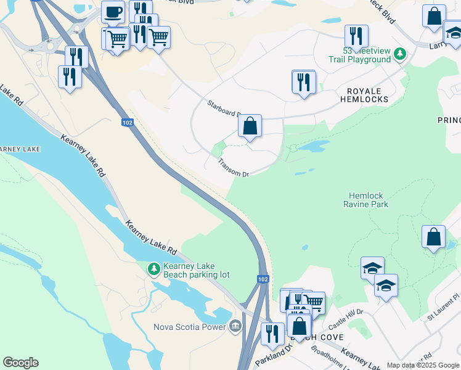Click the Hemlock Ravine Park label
pyautogui.click(x=369, y=199)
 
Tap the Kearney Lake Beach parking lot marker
pyautogui.click(x=153, y=269)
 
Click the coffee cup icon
pyautogui.click(x=113, y=12)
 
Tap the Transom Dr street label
pyautogui.click(x=233, y=168)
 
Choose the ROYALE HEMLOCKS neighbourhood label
pyautogui.click(x=364, y=94)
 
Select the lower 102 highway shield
pyautogui.click(x=263, y=279)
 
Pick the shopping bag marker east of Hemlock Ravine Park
pyautogui.click(x=433, y=237)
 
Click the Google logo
pyautogui.click(x=20, y=363)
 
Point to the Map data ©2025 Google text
pyautogui.click(x=423, y=365)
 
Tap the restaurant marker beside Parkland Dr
pyautogui.click(x=272, y=334)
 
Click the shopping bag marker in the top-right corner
pyautogui.click(x=434, y=16)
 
